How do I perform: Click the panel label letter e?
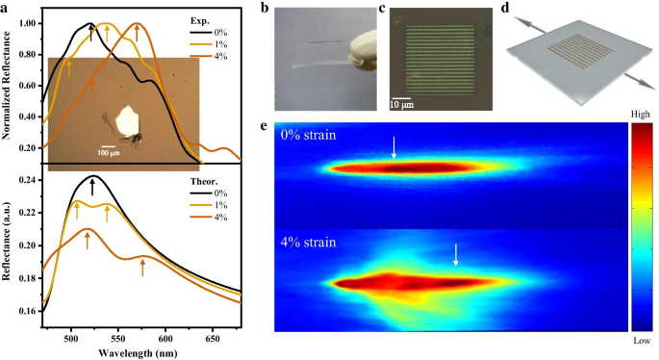[279, 124]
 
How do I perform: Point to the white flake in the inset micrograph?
[126, 120]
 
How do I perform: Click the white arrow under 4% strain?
[456, 254]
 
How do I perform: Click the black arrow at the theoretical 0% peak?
[92, 186]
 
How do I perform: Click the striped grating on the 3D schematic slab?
[559, 47]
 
